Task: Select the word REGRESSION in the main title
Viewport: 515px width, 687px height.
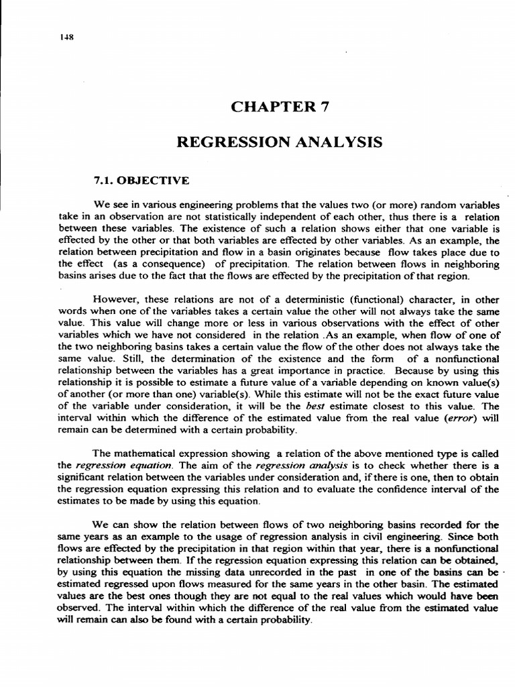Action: (x=225, y=142)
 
